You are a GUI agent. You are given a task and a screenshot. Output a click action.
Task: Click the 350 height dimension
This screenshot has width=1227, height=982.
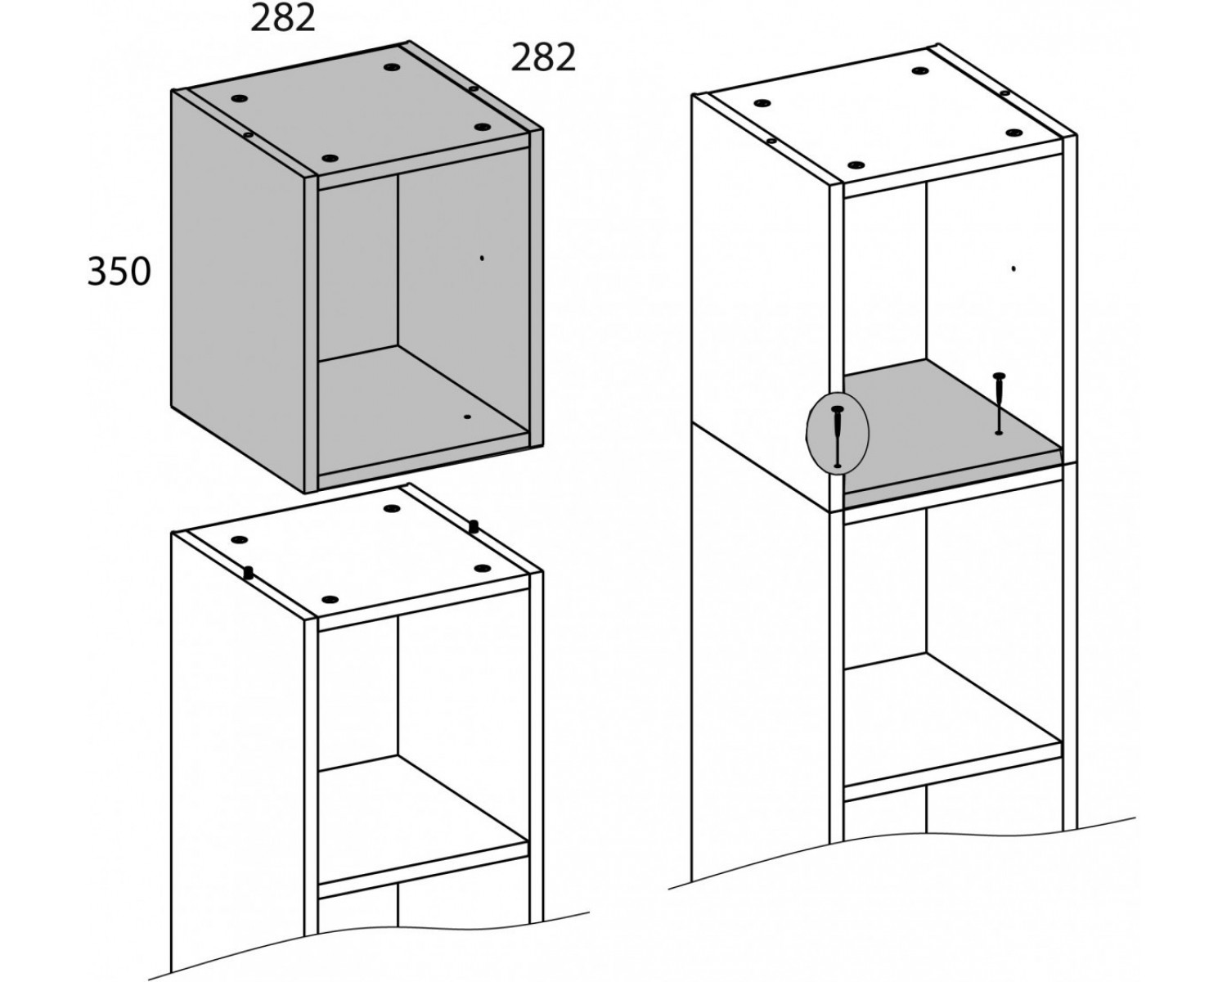pos(119,272)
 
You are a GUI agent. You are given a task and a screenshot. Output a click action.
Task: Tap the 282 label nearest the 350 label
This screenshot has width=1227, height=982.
pos(283,18)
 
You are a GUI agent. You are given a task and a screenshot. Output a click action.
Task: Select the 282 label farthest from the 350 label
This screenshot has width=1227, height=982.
pos(543,57)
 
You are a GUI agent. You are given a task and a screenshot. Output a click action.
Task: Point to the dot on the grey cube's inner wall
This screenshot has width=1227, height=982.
pos(482,259)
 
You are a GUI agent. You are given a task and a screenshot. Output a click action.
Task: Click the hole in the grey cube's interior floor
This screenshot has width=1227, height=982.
pos(468,417)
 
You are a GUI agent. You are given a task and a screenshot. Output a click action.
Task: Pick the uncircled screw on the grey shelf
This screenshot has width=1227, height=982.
pos(999,403)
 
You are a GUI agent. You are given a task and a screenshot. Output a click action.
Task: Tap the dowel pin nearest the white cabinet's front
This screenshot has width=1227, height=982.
pos(249,572)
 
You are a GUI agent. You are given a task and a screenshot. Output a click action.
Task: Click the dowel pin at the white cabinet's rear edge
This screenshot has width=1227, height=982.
pos(473,526)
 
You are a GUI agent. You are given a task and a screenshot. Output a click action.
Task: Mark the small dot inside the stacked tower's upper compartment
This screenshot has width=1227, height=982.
pos(1014,268)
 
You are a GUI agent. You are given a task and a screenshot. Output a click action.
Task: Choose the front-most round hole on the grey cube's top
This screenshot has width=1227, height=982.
pos(330,158)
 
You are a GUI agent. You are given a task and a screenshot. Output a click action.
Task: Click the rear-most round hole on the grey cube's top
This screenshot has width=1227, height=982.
pos(391,67)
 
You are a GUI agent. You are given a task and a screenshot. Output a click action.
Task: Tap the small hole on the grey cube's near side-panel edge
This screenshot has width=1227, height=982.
pos(248,135)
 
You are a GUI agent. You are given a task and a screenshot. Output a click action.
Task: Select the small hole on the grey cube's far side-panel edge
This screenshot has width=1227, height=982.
pos(473,88)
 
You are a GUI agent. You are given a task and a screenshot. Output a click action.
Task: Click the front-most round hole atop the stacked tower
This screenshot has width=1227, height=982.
pos(856,165)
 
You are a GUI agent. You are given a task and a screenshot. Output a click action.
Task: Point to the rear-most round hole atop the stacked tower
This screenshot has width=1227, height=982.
pos(919,70)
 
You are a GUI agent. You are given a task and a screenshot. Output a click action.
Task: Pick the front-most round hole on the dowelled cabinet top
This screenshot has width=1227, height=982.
pos(330,600)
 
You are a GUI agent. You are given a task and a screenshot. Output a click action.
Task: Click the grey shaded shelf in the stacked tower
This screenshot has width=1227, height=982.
pos(951,435)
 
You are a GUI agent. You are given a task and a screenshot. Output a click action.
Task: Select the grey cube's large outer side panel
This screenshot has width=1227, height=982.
pos(238,291)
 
